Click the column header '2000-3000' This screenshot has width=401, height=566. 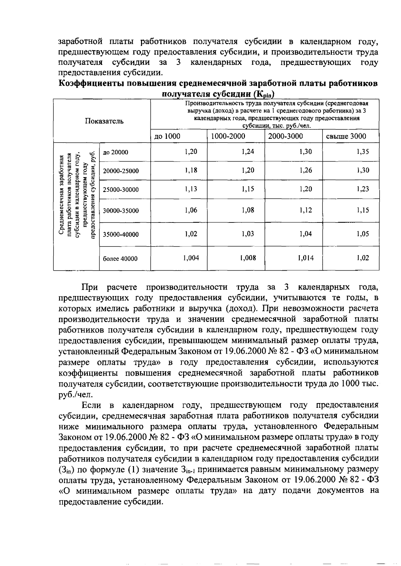pyautogui.click(x=286, y=136)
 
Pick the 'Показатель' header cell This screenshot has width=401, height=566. pyautogui.click(x=104, y=121)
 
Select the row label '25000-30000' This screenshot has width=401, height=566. pyautogui.click(x=121, y=190)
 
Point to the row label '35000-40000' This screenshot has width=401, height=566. pyautogui.click(x=121, y=234)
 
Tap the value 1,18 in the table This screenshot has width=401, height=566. pyautogui.click(x=191, y=170)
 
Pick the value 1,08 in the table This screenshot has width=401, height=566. pyautogui.click(x=248, y=210)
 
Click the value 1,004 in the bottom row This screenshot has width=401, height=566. pyautogui.click(x=191, y=258)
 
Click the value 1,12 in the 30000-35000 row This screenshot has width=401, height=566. pyautogui.click(x=305, y=210)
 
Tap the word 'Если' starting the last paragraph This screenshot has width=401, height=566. pyautogui.click(x=91, y=405)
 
